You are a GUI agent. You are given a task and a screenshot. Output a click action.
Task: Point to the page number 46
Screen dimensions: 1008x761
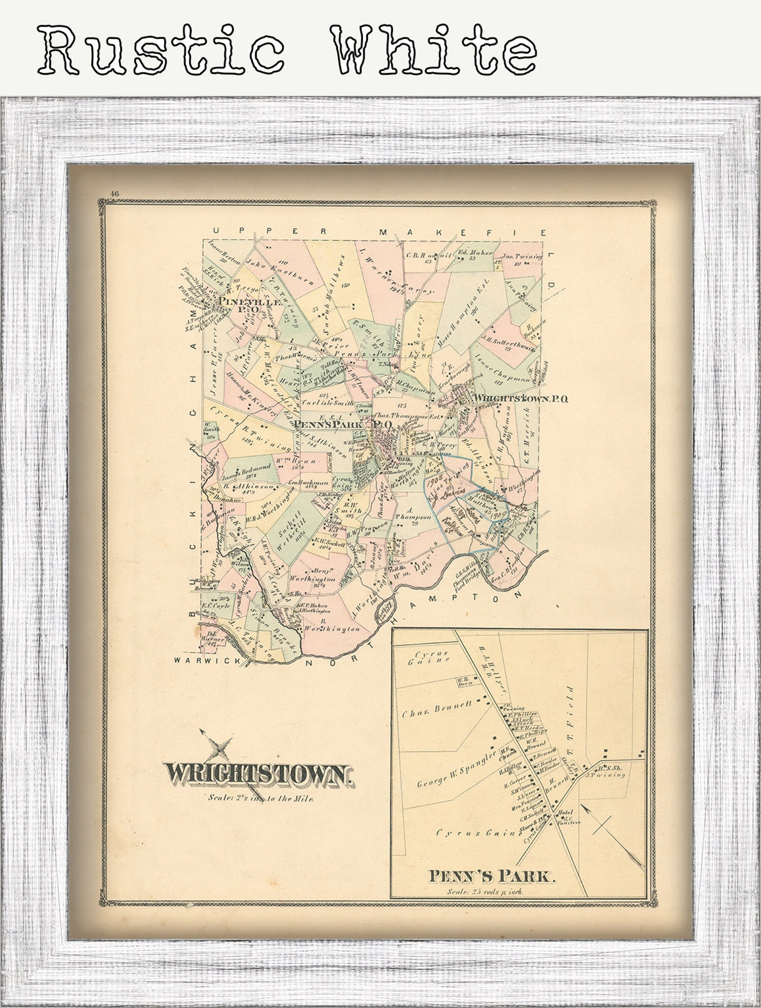(x=114, y=194)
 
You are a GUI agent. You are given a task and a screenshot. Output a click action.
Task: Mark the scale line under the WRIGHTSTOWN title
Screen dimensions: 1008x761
(x=261, y=798)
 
